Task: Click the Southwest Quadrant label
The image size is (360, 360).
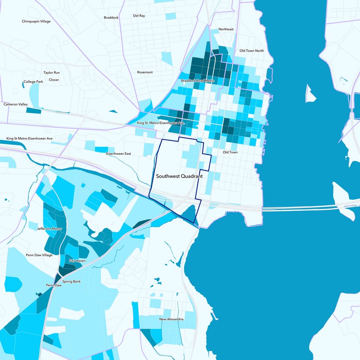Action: point(179,177)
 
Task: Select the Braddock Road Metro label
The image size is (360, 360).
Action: point(198,81)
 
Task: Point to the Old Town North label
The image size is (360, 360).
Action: point(252,51)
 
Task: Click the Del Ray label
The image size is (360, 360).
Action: point(139,15)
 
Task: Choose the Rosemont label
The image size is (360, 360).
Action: point(145,72)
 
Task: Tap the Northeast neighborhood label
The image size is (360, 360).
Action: point(226,29)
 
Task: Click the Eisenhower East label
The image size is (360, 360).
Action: point(118,154)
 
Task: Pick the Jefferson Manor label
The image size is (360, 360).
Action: point(50,229)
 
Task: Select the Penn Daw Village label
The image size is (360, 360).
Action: point(39,255)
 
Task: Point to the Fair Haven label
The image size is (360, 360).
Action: point(77,261)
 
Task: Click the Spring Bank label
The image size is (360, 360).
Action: point(72,282)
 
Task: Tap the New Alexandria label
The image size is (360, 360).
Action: point(171,319)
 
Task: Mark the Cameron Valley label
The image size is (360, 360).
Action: point(16,104)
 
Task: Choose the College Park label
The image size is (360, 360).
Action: point(33,81)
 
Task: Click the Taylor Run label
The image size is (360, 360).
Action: point(51,72)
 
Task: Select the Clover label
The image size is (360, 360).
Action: point(54,80)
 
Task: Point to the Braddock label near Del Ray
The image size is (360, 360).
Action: point(111,18)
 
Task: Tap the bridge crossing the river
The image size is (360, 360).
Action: point(306,208)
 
